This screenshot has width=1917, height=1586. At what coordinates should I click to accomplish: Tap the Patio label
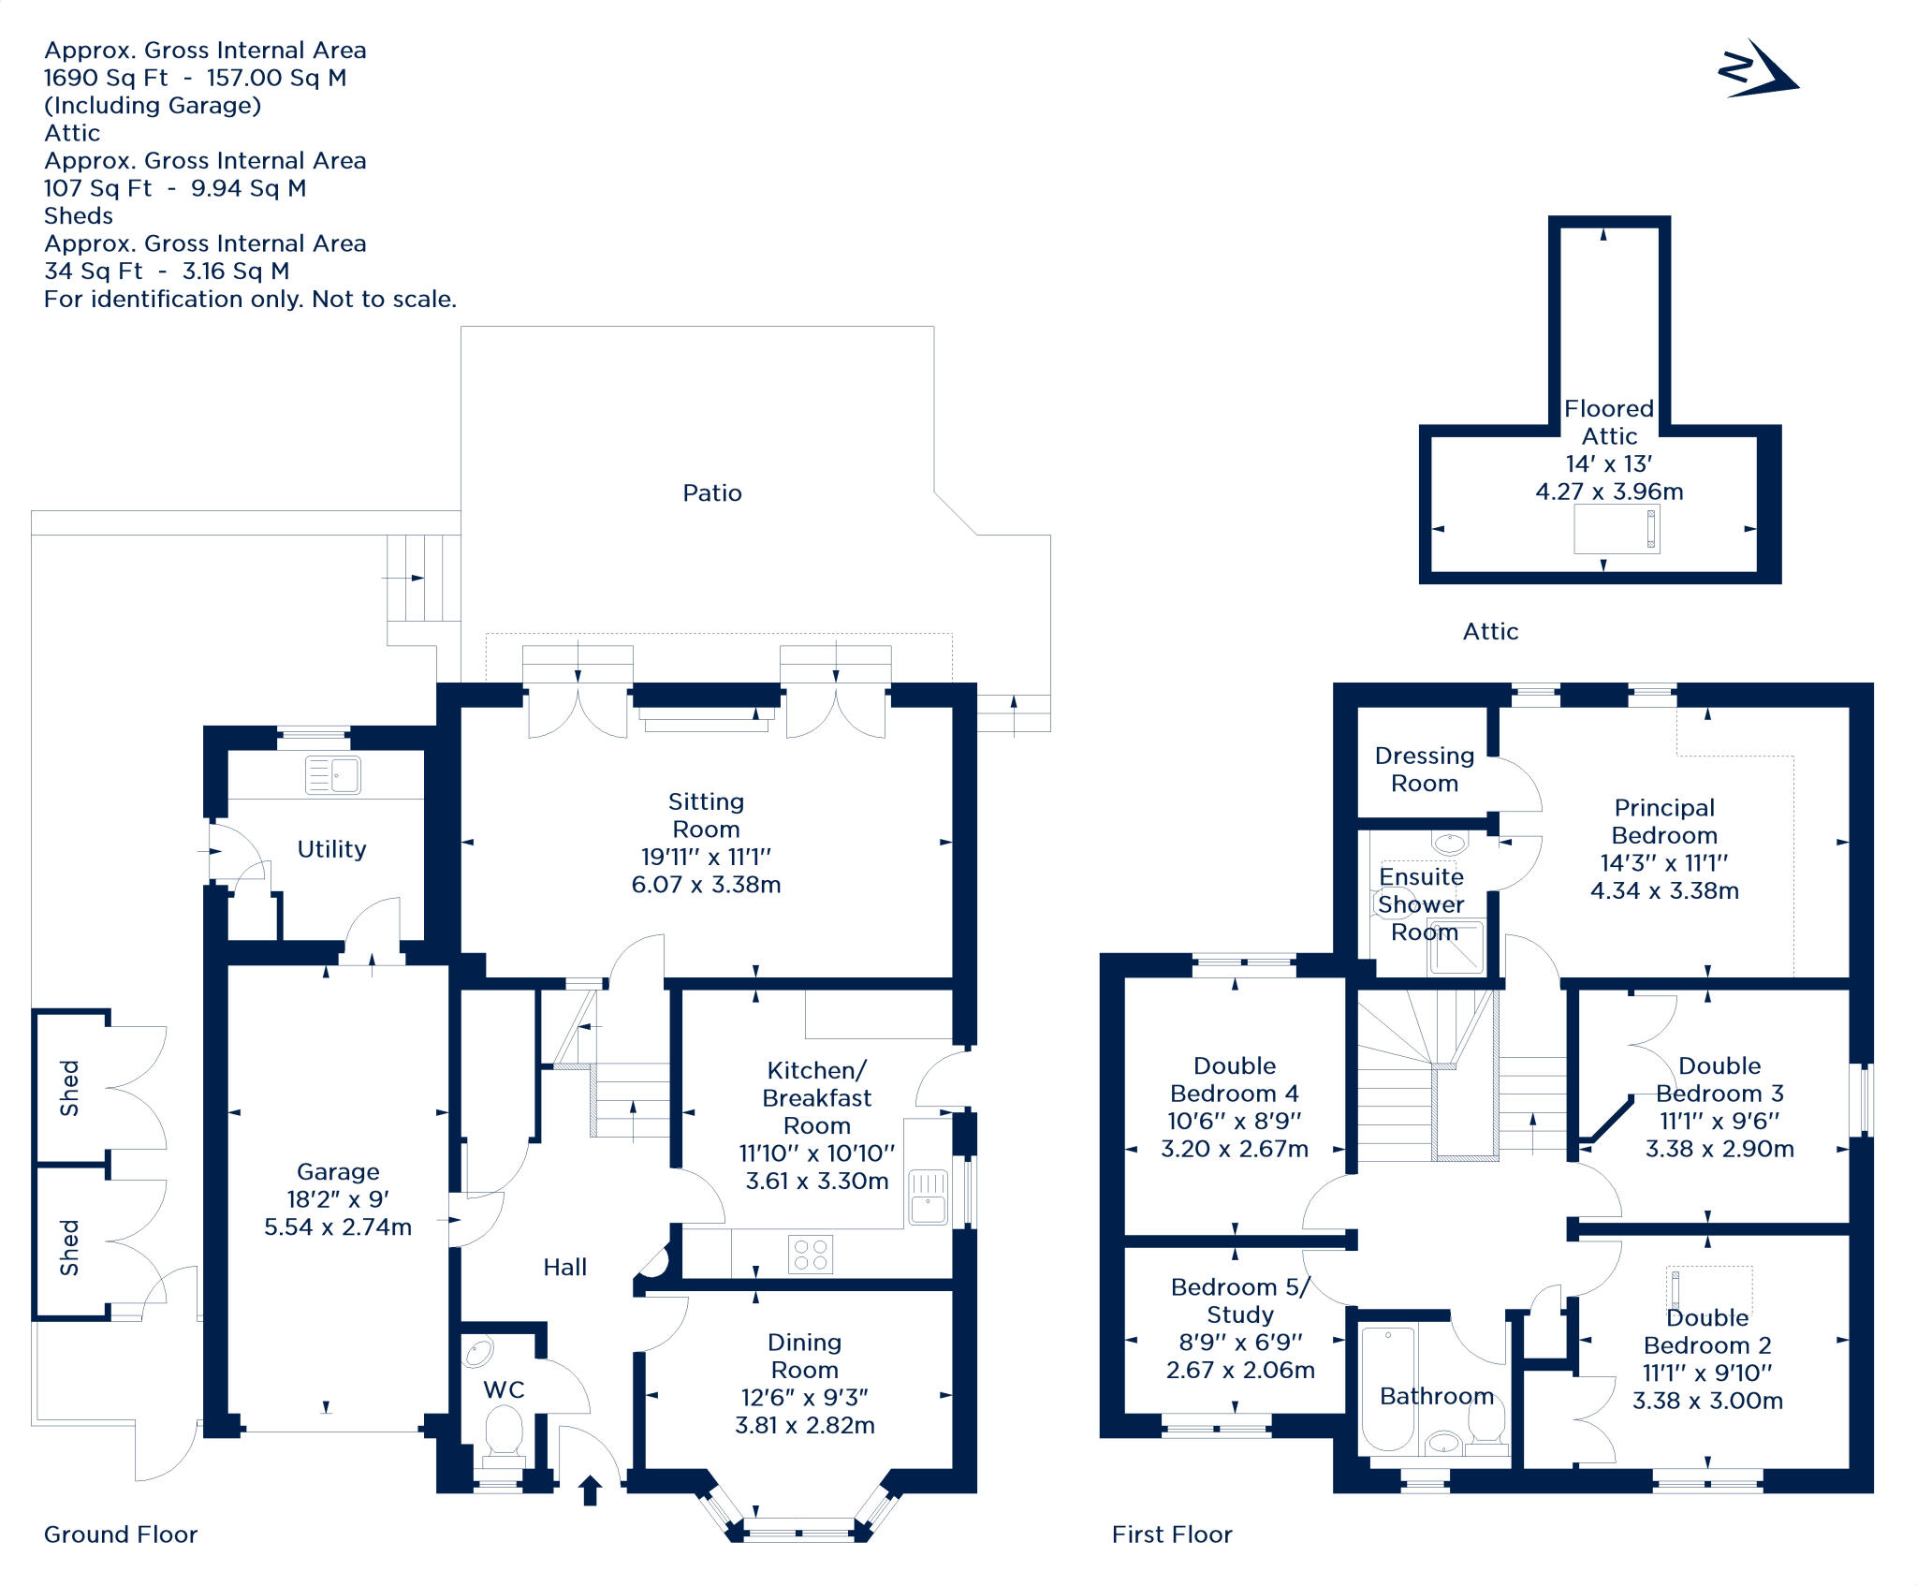(711, 493)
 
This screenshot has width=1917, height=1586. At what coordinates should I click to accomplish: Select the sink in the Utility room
(333, 775)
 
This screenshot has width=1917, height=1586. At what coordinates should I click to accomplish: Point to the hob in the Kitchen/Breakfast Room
(811, 1255)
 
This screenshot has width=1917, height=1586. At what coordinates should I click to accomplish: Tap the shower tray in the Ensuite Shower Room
(1456, 947)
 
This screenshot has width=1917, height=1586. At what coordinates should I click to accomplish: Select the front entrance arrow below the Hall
(590, 1490)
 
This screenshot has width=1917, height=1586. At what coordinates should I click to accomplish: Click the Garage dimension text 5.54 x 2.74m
(338, 1227)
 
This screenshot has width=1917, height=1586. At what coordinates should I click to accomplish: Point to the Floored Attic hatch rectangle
(1617, 529)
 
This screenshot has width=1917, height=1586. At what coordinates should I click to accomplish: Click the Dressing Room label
(1425, 770)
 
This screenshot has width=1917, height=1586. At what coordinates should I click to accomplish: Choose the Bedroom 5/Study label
(1240, 1300)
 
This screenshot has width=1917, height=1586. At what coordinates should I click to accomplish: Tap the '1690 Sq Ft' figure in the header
(106, 78)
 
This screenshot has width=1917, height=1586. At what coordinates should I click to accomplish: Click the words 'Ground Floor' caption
(121, 1535)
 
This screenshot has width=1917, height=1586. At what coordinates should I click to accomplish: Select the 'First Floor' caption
(1172, 1535)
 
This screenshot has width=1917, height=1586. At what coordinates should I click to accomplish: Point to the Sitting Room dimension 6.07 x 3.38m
(706, 885)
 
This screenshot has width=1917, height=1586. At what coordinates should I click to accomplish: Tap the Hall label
(565, 1268)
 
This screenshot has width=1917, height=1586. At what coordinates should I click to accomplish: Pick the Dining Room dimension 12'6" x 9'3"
(805, 1398)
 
